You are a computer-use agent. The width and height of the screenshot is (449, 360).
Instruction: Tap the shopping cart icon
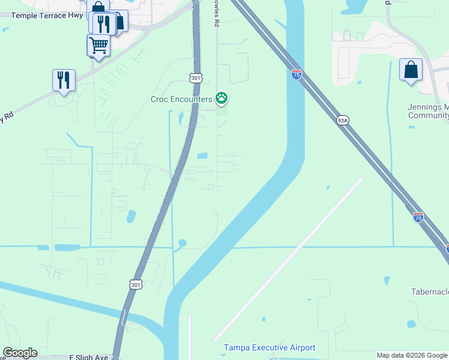pos(98,44)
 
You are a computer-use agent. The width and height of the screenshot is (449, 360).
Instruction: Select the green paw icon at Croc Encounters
pos(222,98)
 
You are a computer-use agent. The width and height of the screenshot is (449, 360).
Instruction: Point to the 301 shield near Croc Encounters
pos(196,78)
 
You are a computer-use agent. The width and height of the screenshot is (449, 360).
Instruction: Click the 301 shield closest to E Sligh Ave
pos(136,284)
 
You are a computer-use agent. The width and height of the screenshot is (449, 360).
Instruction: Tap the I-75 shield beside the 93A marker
pos(297,74)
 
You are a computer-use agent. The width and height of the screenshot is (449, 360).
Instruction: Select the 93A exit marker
pos(342,120)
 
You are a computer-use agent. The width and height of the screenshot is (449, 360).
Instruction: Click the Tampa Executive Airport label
pos(270,348)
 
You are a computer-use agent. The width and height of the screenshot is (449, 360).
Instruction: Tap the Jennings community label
pos(427,111)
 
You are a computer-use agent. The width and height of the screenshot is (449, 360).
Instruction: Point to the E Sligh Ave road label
pos(89,356)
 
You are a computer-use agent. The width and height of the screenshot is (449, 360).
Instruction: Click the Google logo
pos(20,353)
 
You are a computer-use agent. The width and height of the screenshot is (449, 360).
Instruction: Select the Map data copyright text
pos(412,355)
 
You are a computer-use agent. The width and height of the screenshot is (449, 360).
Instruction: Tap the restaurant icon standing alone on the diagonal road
pos(64,80)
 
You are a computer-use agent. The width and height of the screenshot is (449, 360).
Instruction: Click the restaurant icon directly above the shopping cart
pos(103,23)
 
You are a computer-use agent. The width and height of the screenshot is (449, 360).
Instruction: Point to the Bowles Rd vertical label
pos(214,13)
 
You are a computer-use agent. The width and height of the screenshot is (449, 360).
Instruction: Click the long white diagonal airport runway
pos(288,259)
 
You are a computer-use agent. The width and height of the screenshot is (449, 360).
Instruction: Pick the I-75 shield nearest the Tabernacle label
pos(418,217)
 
